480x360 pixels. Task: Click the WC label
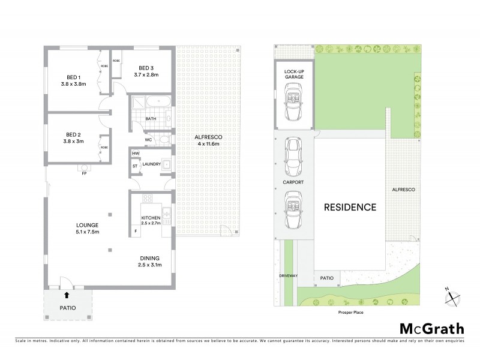148,140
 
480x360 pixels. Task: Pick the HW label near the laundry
135,154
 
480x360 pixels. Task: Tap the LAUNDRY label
151,163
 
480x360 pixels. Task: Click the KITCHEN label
150,217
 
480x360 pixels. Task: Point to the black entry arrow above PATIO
66,295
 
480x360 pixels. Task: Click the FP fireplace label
85,174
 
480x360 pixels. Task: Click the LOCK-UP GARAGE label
294,73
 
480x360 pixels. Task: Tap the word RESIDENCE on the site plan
350,208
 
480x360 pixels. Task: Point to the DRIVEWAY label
288,277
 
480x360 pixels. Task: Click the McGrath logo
431,328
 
